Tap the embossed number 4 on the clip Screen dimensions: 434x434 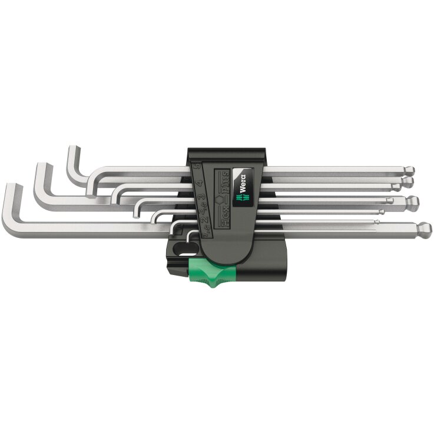[x=200, y=183]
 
